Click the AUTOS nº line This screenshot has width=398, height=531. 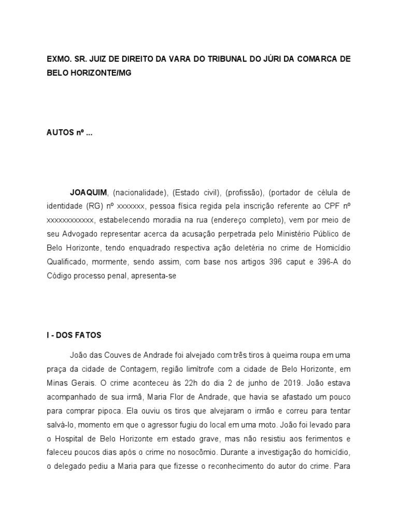[69, 132]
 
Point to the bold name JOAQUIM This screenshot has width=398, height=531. [89, 192]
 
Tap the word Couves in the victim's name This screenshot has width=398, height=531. [117, 356]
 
